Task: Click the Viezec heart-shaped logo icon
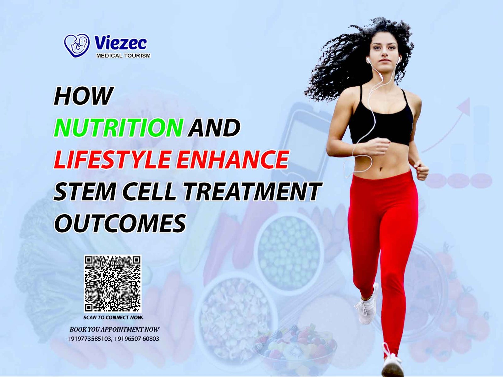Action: pos(77,45)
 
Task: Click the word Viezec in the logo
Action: pos(120,43)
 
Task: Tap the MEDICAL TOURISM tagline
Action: pos(123,55)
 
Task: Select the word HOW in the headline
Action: pos(83,96)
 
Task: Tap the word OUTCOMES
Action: pos(120,223)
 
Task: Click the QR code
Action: pos(113,284)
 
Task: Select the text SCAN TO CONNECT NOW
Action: pos(113,318)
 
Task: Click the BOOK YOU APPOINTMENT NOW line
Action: pos(114,329)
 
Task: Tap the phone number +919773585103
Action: pos(89,339)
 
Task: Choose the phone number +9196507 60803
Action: pos(136,339)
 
